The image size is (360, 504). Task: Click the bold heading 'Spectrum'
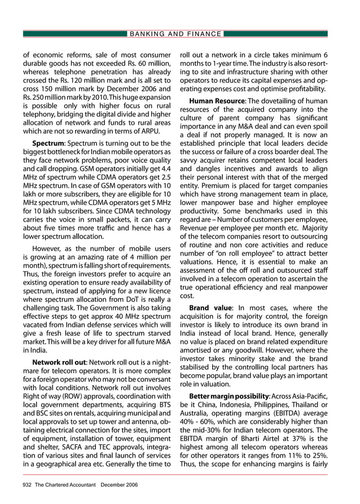coord(48,143)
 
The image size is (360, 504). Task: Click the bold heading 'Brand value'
coord(207,308)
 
